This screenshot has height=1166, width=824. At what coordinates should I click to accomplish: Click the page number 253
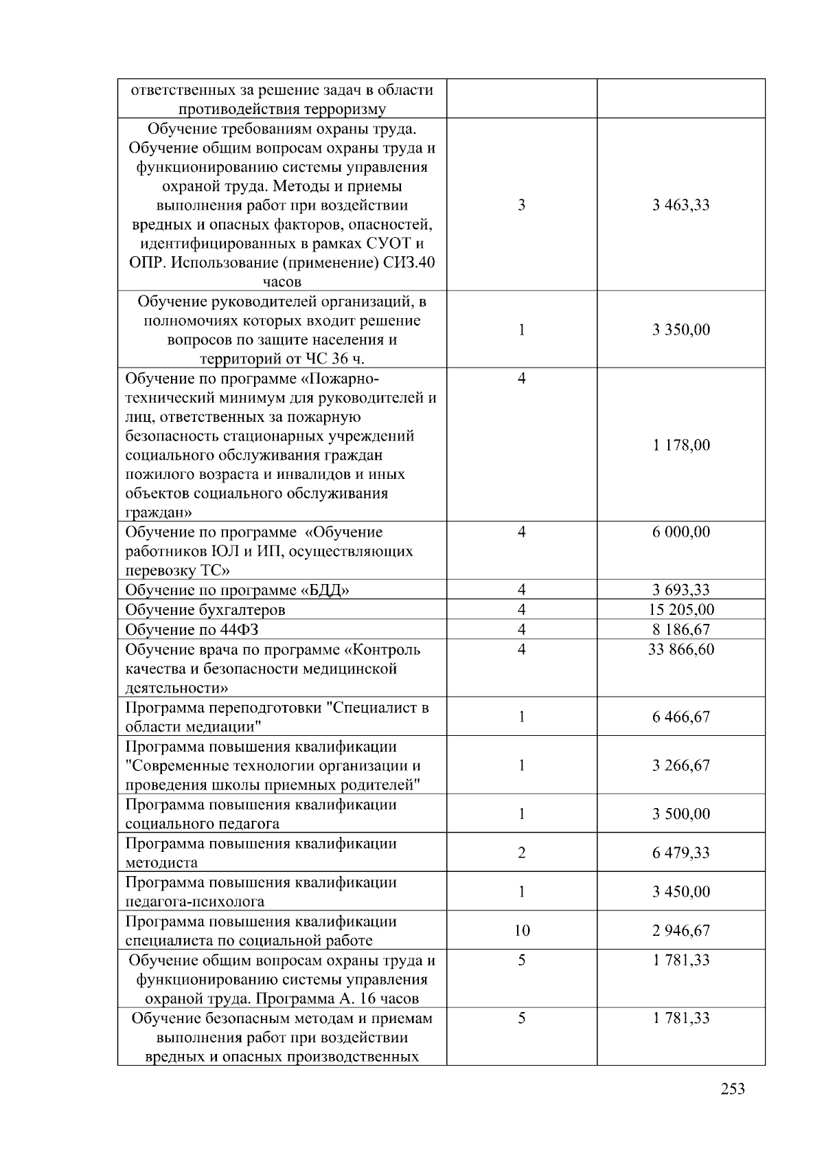tap(733, 1089)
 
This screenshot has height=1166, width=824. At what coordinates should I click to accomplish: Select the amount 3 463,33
tap(680, 205)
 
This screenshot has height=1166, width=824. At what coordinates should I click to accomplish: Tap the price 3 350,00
tap(680, 330)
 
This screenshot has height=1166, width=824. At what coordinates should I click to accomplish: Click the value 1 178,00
tap(680, 445)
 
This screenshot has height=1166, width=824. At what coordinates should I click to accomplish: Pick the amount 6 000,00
tap(680, 532)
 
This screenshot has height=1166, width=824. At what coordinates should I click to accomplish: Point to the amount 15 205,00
tap(680, 609)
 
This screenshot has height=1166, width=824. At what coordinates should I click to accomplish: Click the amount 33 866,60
tap(680, 649)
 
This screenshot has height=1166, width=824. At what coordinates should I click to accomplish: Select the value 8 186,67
tap(680, 629)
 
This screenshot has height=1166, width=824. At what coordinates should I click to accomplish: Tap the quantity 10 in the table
tap(521, 930)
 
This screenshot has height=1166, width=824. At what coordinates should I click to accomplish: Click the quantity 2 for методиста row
tap(521, 853)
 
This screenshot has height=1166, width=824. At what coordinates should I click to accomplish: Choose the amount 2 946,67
tap(680, 930)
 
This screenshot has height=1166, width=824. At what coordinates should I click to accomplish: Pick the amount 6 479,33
tap(680, 853)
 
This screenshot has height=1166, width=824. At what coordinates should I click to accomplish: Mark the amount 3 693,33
tap(680, 590)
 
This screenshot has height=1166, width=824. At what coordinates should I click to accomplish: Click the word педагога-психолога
tap(194, 901)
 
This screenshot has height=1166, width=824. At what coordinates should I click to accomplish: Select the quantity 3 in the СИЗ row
tap(521, 205)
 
